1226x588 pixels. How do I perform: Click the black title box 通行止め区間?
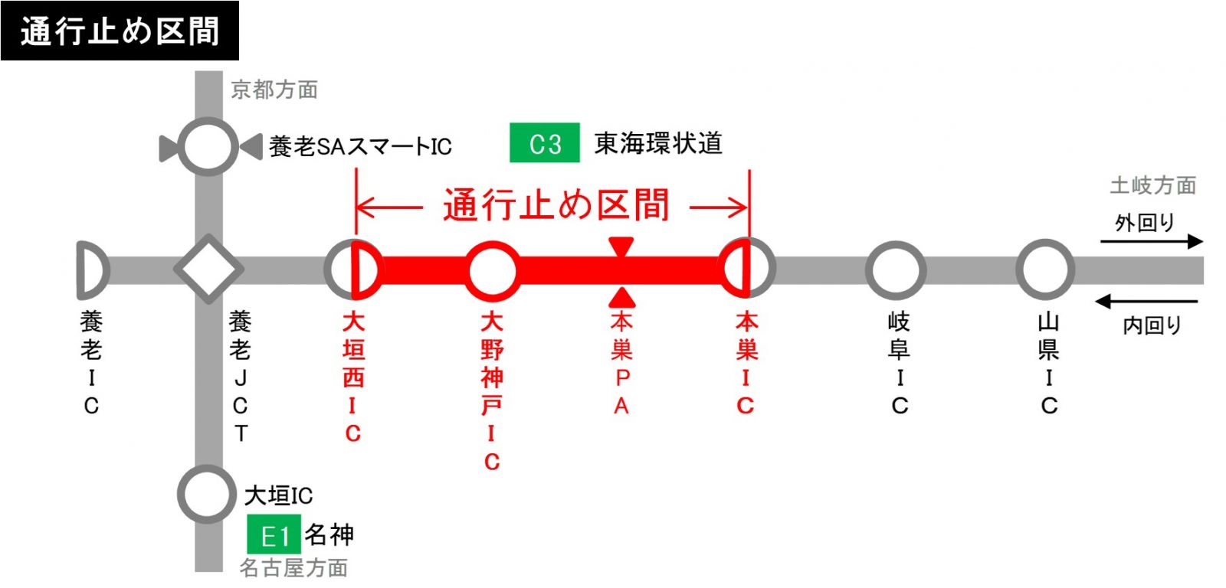point(120,31)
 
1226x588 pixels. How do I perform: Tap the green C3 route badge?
point(545,143)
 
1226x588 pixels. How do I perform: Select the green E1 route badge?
point(274,534)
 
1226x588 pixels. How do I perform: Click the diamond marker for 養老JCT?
point(208,269)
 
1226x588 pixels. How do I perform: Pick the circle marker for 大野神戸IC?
point(492,270)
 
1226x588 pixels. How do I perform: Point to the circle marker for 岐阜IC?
point(896,269)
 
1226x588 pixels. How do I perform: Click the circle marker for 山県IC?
point(1045,269)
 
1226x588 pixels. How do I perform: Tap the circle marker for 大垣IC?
point(207,494)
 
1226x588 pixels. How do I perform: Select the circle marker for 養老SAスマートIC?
point(208,146)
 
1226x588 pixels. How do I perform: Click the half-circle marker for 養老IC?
point(91,269)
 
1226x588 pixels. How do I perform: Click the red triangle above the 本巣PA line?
point(621,247)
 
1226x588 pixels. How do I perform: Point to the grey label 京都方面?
point(274,90)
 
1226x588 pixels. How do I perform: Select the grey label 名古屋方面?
point(293,567)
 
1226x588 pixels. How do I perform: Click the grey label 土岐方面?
point(1152,185)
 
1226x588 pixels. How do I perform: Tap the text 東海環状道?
point(658,143)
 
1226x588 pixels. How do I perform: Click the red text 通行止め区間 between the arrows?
point(556,205)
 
